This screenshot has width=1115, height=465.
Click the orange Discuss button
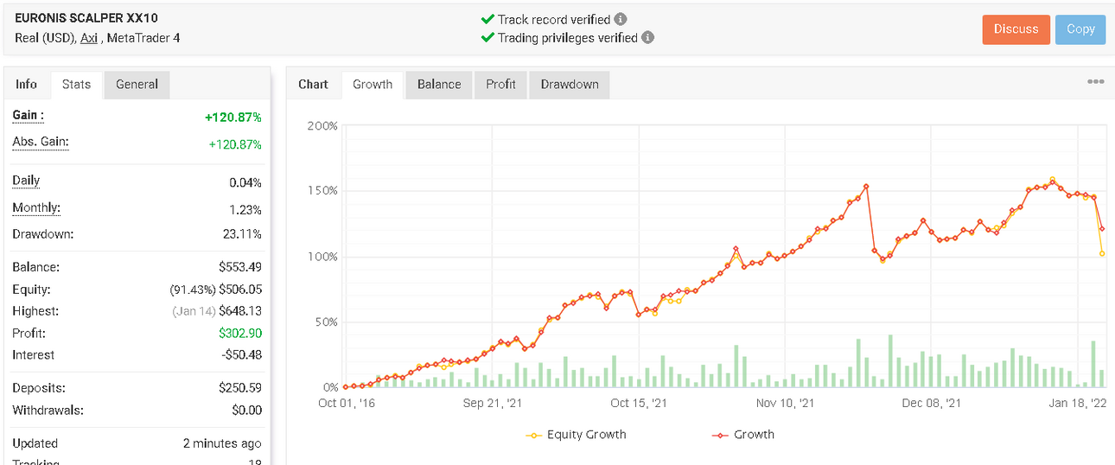click(x=1016, y=29)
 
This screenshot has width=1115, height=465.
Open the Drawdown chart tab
click(x=570, y=85)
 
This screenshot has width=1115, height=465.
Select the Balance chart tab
click(x=439, y=85)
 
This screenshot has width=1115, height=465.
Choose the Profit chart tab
click(x=500, y=85)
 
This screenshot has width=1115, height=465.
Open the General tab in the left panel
click(x=137, y=85)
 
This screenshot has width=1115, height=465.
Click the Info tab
click(x=26, y=85)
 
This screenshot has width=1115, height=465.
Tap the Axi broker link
click(x=89, y=38)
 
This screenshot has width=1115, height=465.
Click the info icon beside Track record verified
click(x=621, y=19)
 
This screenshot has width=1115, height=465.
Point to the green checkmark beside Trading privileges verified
click(x=487, y=37)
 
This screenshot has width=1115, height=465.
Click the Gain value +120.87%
click(x=233, y=118)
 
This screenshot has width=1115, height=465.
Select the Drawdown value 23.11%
click(x=242, y=234)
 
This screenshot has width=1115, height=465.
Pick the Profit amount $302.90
click(x=240, y=333)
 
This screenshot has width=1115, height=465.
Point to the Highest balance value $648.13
click(x=240, y=311)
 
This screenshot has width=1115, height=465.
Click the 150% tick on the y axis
click(x=322, y=191)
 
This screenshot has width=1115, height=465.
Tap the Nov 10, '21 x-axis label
click(x=785, y=404)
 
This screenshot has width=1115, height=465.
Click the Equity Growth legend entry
click(x=576, y=435)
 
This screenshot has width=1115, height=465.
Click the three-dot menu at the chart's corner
click(x=1096, y=81)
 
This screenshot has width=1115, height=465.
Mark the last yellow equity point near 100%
click(x=1102, y=254)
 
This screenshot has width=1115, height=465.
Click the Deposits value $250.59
click(x=240, y=388)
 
